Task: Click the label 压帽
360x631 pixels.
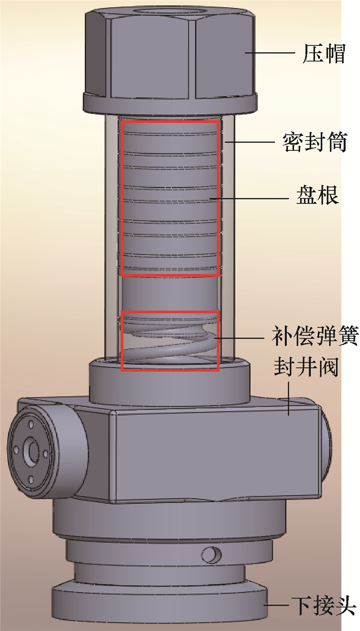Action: [323, 53]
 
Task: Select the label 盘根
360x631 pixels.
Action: [317, 195]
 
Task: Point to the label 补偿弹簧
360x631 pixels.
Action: [315, 336]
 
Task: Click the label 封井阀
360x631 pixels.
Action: [306, 367]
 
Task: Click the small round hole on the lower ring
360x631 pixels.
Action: [211, 555]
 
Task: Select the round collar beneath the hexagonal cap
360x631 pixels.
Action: [170, 104]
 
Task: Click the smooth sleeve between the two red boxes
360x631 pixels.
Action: [170, 294]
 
